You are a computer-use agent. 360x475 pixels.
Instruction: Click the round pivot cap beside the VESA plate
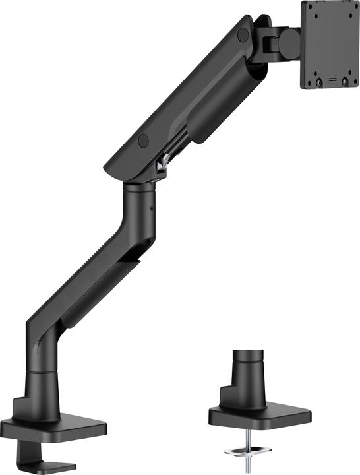point(289,44)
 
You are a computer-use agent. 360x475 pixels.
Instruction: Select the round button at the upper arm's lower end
point(143,140)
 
